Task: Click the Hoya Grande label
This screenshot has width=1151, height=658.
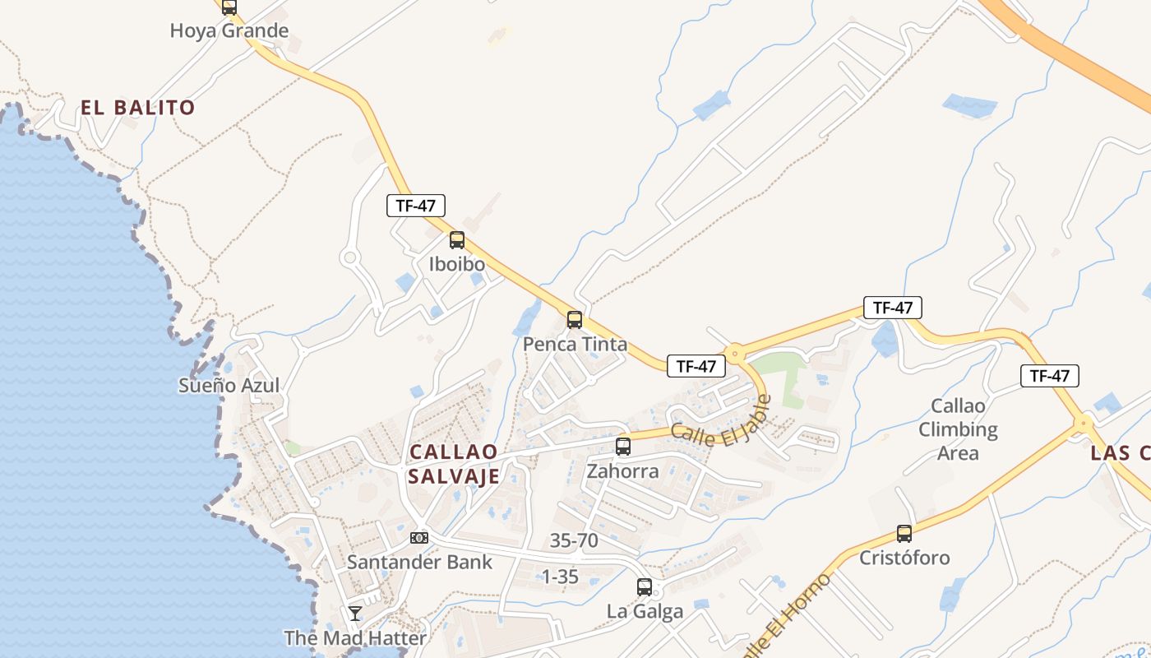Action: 229,31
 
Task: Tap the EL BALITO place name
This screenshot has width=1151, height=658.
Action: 138,107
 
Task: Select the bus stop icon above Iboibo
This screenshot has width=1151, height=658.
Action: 457,240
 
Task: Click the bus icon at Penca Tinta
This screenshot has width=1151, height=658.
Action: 575,320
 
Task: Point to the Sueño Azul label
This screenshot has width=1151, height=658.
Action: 229,385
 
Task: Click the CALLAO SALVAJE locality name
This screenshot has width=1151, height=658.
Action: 454,464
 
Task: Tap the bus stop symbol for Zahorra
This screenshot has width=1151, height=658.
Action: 623,447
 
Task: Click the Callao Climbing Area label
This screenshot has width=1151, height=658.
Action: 958,429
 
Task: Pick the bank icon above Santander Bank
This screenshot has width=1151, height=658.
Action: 419,538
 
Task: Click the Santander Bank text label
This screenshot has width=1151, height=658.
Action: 419,563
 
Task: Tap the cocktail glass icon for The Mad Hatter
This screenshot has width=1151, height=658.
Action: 355,614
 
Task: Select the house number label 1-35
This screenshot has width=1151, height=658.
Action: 560,577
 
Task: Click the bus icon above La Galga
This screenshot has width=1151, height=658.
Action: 645,587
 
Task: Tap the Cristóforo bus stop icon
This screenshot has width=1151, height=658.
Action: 904,534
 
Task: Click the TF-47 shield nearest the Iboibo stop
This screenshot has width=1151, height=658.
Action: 416,206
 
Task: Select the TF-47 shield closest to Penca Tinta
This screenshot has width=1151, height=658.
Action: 696,366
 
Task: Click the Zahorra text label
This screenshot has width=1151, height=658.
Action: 622,471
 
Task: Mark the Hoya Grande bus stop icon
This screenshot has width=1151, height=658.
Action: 229,7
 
